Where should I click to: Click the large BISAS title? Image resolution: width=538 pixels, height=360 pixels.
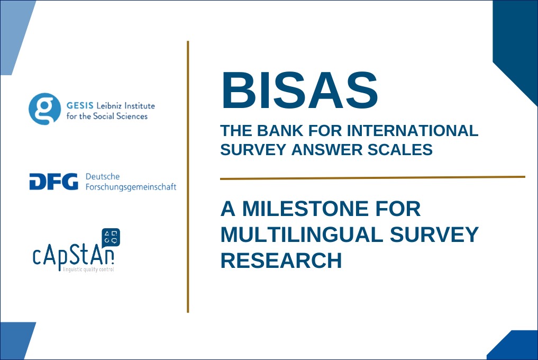299,90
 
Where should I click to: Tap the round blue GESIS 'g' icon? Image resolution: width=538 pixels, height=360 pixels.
44,109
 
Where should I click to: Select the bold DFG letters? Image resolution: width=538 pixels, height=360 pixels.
54,182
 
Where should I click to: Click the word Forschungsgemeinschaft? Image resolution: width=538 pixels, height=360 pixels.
131,187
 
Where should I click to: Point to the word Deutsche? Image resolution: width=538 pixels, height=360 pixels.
103,177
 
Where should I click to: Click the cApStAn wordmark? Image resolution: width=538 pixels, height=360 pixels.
74,257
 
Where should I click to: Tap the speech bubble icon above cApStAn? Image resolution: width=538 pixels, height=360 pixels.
111,237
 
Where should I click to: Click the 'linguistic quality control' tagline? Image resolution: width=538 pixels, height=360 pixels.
88,269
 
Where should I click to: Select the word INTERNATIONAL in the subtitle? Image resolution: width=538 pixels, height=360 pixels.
413,131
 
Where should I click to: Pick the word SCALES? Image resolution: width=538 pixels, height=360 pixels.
400,150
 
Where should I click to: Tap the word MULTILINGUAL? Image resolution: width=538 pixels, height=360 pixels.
302,235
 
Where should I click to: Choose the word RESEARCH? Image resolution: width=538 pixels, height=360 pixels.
281,260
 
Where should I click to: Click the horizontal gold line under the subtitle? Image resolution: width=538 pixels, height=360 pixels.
372,178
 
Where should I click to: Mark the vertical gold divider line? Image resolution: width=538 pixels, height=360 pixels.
188,177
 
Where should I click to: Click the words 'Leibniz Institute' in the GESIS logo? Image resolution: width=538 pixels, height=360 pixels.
125,106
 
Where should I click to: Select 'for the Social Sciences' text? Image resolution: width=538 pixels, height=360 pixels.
107,116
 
